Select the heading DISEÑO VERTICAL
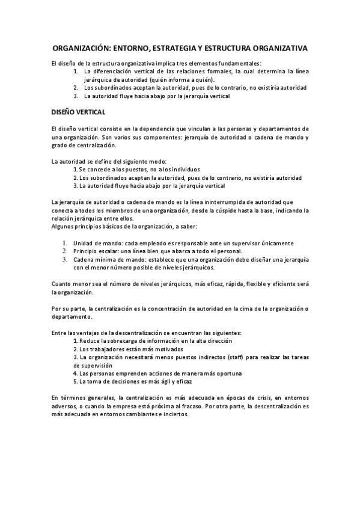point(79,112)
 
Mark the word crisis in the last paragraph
point(263,398)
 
